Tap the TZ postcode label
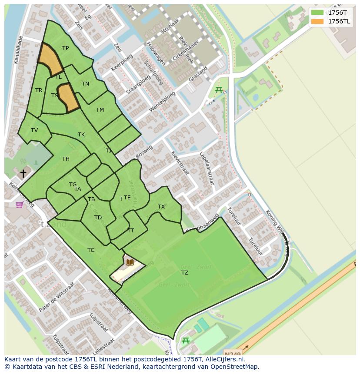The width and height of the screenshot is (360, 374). click(185, 272)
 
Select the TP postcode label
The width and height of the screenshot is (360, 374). click(65, 48)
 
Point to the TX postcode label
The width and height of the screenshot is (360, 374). click(161, 207)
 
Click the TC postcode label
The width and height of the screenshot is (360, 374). click(91, 250)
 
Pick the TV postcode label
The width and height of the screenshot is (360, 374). click(34, 130)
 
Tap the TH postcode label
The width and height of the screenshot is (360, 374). click(66, 159)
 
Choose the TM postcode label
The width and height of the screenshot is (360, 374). click(100, 110)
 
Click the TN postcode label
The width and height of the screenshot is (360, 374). click(85, 84)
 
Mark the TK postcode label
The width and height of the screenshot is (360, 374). click(81, 135)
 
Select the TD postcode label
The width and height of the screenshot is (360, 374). click(98, 218)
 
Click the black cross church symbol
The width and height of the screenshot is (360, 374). click(23, 173)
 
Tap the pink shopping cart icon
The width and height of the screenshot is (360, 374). click(20, 205)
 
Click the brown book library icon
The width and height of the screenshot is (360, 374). click(130, 262)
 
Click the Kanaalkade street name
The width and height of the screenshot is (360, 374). click(18, 50)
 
